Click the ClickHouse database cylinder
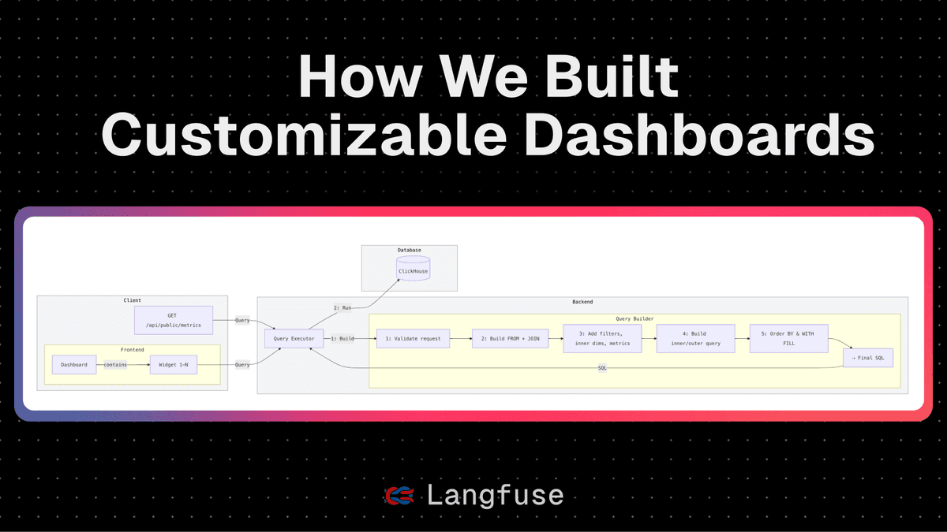click(414, 270)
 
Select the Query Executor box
click(294, 339)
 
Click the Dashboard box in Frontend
click(74, 365)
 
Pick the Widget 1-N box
click(173, 365)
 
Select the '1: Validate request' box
click(413, 339)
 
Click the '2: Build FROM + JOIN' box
click(505, 339)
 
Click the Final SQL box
click(868, 357)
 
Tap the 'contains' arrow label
click(115, 365)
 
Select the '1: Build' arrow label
click(343, 339)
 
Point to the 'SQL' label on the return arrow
click(603, 368)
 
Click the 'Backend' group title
click(582, 302)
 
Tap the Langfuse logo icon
click(399, 494)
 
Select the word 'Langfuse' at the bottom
click(495, 494)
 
